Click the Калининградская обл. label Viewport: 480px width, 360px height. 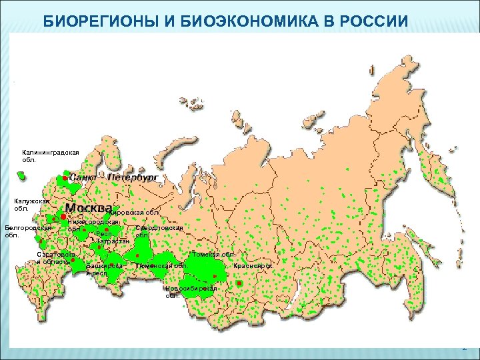pyautogui.click(x=50, y=156)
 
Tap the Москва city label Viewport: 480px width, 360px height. pyautogui.click(x=88, y=207)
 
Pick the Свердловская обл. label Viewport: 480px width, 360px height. pyautogui.click(x=159, y=231)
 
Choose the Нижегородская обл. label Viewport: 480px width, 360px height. pyautogui.click(x=93, y=225)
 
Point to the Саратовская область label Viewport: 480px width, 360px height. pyautogui.click(x=56, y=258)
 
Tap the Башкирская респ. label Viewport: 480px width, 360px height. pyautogui.click(x=105, y=269)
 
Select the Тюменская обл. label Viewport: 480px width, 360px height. pyautogui.click(x=159, y=266)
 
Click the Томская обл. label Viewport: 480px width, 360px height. pyautogui.click(x=213, y=255)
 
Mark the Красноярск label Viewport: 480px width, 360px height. pyautogui.click(x=253, y=266)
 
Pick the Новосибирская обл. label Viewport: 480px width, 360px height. pyautogui.click(x=191, y=291)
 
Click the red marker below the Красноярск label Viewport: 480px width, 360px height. pyautogui.click(x=239, y=283)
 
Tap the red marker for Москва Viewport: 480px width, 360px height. pyautogui.click(x=63, y=217)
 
